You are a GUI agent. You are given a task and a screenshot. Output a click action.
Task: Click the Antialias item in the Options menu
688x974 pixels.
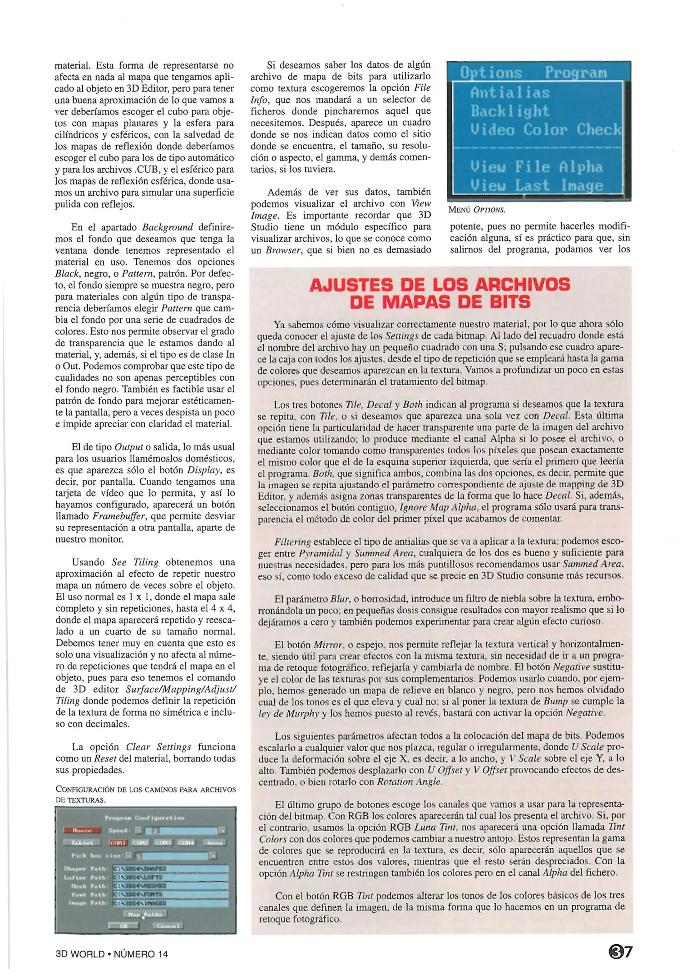tap(510, 92)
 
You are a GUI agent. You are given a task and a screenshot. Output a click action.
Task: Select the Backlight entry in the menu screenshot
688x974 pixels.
tap(510, 111)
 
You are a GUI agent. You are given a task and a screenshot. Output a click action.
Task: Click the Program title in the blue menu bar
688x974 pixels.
tap(575, 73)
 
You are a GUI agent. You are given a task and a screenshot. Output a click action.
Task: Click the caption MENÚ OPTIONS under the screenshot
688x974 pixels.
tap(477, 210)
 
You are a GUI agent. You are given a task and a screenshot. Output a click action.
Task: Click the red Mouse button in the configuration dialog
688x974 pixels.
tap(82, 830)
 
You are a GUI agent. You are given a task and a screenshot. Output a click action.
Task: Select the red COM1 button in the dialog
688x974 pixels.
tap(118, 842)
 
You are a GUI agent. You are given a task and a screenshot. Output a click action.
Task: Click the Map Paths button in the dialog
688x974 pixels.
tap(145, 914)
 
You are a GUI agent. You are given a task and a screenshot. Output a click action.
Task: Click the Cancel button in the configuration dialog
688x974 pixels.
tap(168, 926)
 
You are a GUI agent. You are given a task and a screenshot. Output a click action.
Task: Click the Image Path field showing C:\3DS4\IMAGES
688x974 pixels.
tap(170, 903)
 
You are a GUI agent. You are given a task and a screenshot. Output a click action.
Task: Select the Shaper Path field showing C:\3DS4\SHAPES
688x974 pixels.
tap(170, 868)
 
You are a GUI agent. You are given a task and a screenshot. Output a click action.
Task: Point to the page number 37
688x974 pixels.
tap(620, 952)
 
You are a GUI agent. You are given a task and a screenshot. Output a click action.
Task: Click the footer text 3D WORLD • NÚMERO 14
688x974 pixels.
tap(112, 954)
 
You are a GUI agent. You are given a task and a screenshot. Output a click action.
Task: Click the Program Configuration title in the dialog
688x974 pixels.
tap(145, 818)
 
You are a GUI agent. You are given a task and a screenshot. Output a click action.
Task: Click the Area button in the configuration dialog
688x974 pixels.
tap(214, 842)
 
